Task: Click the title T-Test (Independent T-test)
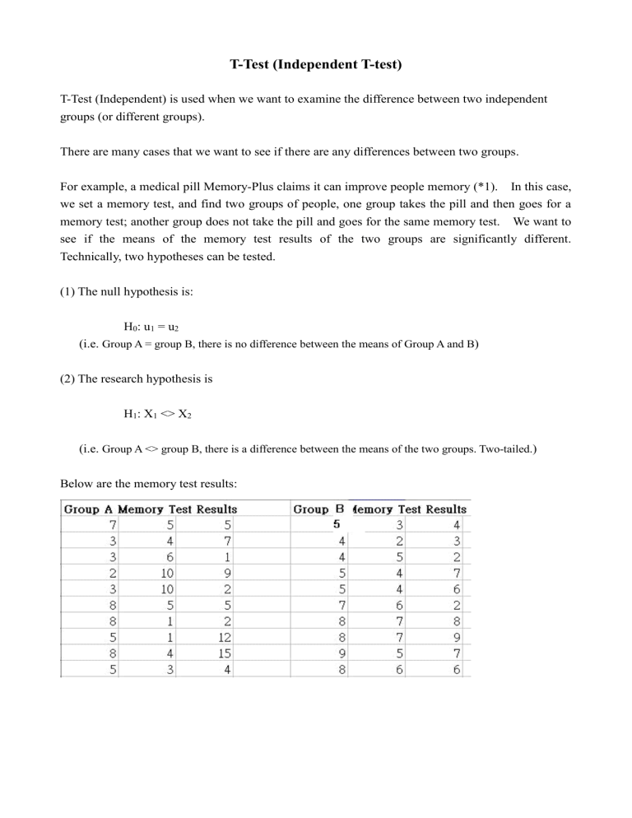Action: point(315,65)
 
